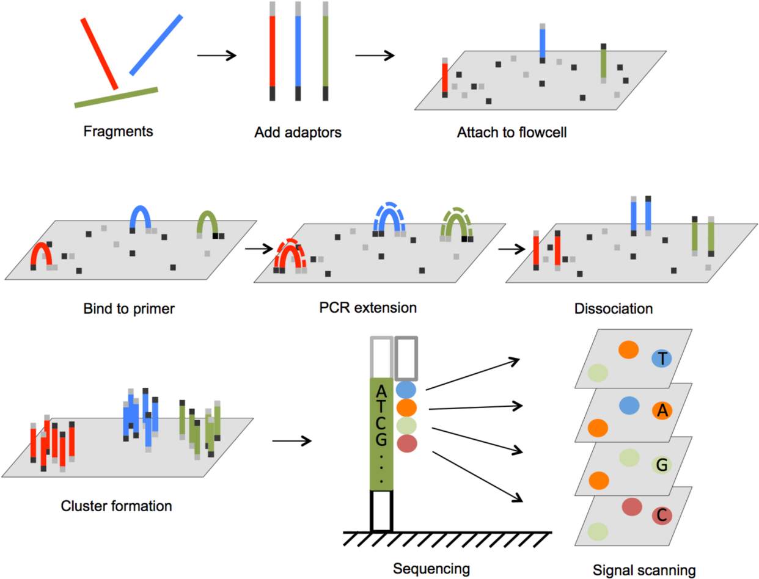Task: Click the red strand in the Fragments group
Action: [x=99, y=54]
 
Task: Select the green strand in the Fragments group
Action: [x=116, y=97]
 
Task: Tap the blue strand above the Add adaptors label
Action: [x=298, y=51]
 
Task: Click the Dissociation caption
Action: [x=614, y=308]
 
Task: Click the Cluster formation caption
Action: [x=116, y=506]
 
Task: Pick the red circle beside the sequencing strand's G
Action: [x=406, y=443]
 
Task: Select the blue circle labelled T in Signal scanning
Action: [x=662, y=359]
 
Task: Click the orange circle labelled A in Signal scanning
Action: [x=662, y=412]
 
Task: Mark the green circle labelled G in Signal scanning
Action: [x=662, y=465]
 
